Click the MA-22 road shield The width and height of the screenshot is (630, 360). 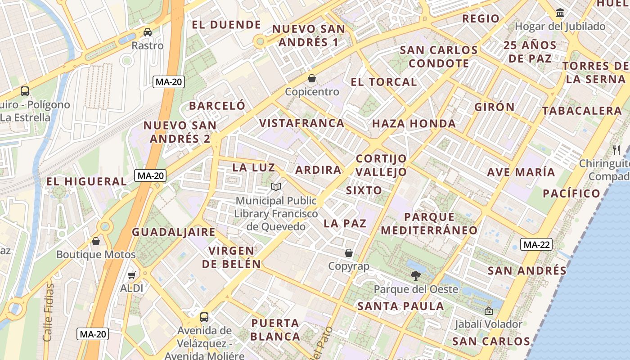[x=536, y=245]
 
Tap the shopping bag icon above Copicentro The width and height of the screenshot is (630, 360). [x=311, y=79]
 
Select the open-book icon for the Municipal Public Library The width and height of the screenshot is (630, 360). [x=276, y=187]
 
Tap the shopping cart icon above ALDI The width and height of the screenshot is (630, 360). [x=132, y=274]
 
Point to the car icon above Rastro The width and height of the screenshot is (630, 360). [x=147, y=32]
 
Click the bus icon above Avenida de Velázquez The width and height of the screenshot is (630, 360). [x=204, y=317]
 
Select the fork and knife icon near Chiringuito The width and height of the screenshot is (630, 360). [x=616, y=150]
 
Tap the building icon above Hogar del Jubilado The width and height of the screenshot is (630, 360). [x=560, y=13]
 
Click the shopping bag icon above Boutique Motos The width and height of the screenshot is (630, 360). [x=96, y=241]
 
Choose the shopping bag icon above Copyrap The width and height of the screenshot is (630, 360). [x=349, y=253]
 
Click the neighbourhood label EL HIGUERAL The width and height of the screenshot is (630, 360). [x=87, y=182]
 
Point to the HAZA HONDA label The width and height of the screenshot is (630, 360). [x=414, y=124]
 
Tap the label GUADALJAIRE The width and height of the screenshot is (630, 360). [x=173, y=232]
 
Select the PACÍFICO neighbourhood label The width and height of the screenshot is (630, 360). [x=571, y=193]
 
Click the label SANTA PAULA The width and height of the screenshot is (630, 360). [x=400, y=306]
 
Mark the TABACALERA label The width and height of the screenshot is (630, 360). [x=581, y=111]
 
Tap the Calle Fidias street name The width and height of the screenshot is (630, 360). [x=48, y=312]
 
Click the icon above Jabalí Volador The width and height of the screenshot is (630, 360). [x=488, y=311]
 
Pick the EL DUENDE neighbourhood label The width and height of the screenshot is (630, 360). [x=226, y=25]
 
